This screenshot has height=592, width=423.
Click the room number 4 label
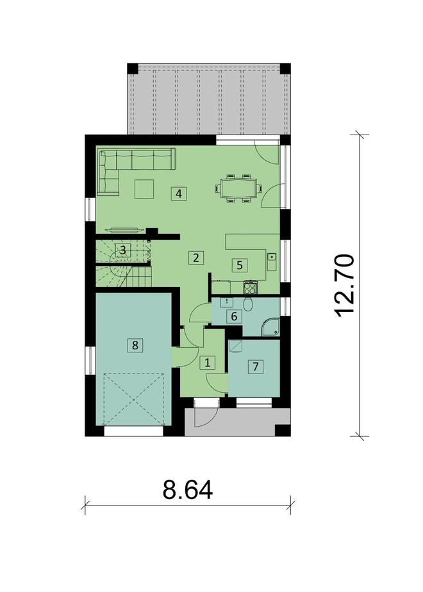(x=179, y=193)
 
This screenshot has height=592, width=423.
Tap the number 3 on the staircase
(x=124, y=250)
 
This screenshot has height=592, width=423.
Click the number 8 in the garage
(x=135, y=345)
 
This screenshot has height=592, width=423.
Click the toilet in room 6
(x=249, y=306)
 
